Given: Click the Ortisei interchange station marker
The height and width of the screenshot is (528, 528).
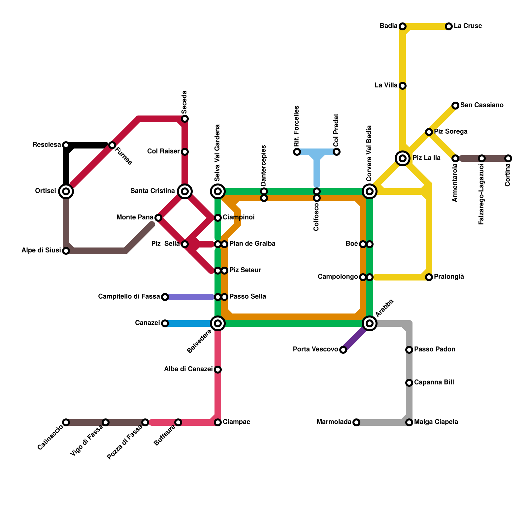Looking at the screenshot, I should pos(66,191).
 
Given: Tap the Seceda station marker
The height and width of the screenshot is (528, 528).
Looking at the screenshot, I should pos(185,119).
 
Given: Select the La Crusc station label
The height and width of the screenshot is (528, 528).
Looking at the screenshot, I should pos(468,26).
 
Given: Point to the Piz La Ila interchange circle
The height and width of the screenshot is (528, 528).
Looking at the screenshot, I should pos(403,158).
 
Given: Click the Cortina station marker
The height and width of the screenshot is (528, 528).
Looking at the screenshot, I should pos(508,158).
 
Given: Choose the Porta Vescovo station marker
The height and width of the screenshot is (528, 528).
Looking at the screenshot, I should pos(343,350).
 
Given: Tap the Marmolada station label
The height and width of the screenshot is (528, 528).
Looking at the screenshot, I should pos(334,422).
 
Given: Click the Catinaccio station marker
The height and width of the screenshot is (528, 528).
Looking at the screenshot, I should pos(66,422).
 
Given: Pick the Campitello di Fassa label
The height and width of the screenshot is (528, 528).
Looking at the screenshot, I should pos(129,297).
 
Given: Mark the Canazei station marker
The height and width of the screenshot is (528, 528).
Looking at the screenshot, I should pos(165,323).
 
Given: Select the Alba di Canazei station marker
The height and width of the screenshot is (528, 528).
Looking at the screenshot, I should pos(218,370).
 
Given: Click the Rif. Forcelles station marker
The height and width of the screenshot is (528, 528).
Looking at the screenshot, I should pos(297,152).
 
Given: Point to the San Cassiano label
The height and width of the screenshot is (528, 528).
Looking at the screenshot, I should pos(482,105).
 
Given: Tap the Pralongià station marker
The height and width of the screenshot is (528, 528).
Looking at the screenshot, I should pos(429,277).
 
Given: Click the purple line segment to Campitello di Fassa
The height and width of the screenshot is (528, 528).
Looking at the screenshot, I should pos(190,297).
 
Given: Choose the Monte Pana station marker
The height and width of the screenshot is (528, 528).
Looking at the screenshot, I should pos(158,218).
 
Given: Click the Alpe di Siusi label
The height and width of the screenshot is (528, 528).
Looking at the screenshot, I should pos(41,250).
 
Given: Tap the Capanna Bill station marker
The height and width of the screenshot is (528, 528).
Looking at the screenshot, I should pos(409,383).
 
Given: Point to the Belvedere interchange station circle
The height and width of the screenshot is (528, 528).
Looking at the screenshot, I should pos(218,323).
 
